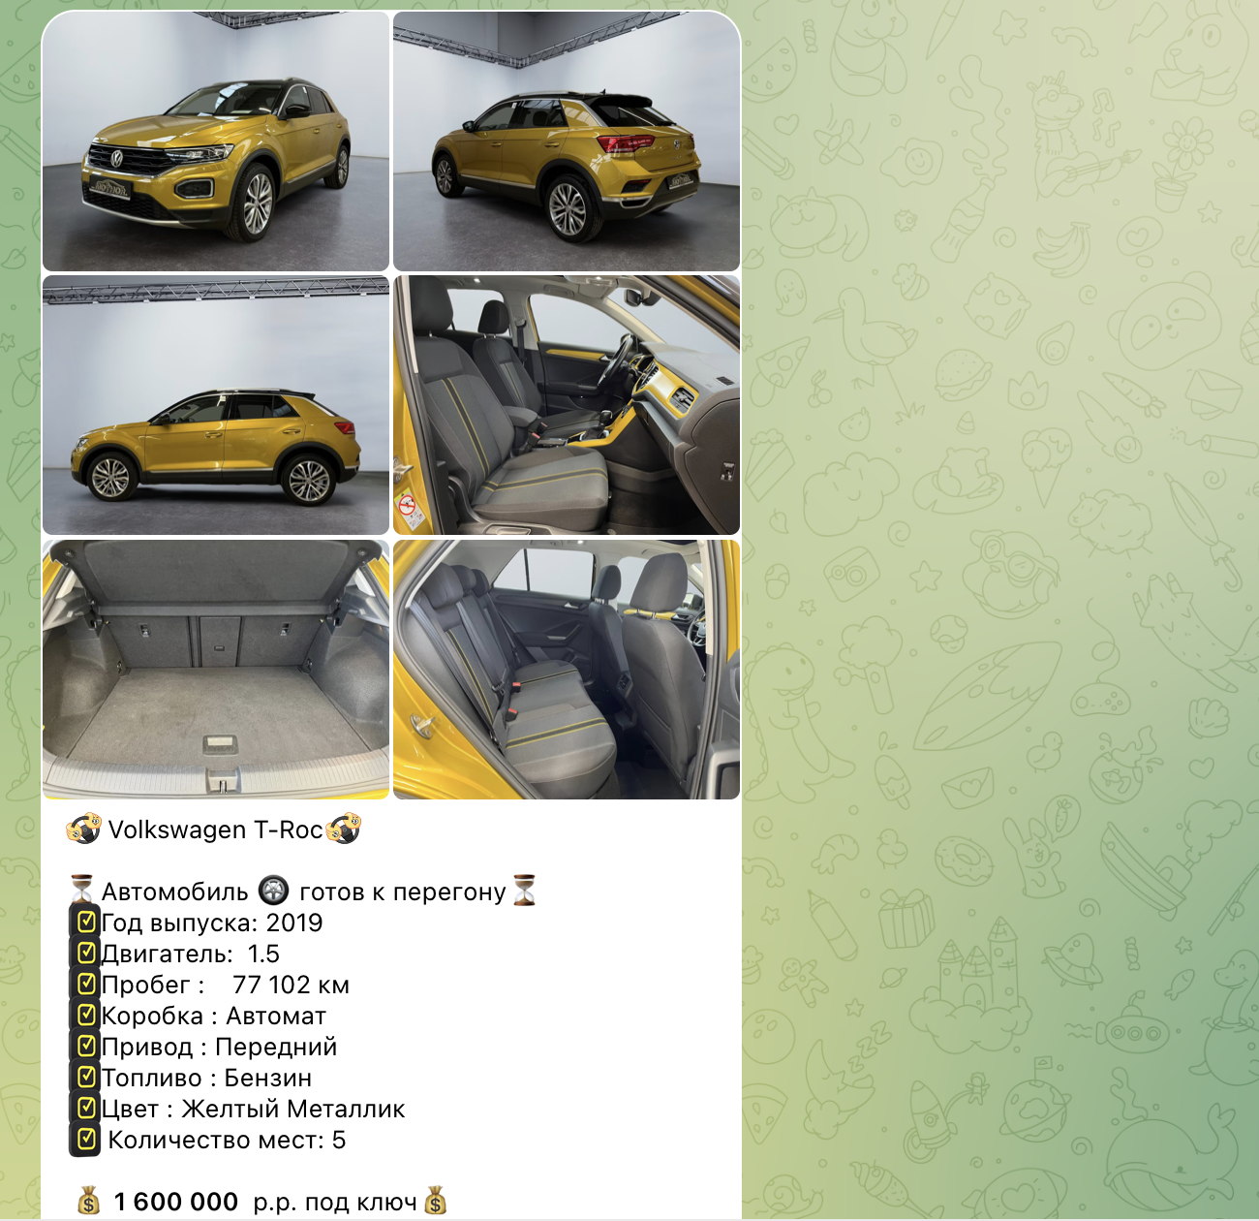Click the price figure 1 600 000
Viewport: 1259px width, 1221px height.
click(x=176, y=1202)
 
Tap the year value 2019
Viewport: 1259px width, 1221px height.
click(x=294, y=923)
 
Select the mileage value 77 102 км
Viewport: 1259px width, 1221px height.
click(x=292, y=985)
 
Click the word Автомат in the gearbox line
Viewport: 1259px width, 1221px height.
click(x=276, y=1016)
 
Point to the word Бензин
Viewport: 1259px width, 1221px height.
click(x=268, y=1078)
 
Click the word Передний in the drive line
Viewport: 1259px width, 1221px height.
click(x=276, y=1047)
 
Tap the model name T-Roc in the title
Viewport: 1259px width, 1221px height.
click(x=288, y=830)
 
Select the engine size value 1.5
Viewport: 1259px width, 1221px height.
click(x=263, y=954)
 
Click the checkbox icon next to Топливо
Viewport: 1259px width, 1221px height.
click(x=86, y=1077)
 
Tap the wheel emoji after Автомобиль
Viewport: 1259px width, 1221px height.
click(x=273, y=891)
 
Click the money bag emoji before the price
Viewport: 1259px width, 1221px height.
click(x=89, y=1202)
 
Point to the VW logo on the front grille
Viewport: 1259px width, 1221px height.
click(x=117, y=157)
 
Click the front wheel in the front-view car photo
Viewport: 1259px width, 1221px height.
click(x=257, y=203)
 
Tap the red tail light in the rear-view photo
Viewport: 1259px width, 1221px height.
click(x=625, y=143)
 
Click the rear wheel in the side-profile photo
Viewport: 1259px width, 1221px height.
click(x=309, y=479)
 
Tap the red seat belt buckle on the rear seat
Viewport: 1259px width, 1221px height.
click(x=511, y=714)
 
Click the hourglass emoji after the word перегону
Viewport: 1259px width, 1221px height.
click(x=524, y=891)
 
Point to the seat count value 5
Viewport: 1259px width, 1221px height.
click(x=339, y=1140)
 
